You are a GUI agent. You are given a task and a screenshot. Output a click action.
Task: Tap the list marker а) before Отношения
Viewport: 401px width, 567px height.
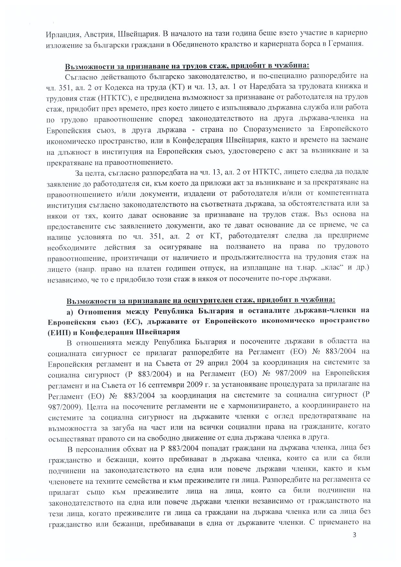[x=70, y=312]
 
